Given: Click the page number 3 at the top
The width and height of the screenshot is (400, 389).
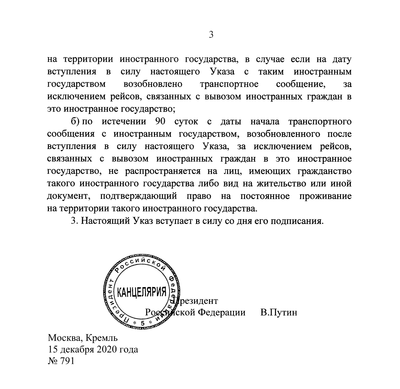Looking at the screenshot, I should coord(211,35).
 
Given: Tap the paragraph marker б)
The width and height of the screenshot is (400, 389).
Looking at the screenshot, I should coord(75,122).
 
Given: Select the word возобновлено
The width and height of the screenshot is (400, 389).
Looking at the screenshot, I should coord(153,84).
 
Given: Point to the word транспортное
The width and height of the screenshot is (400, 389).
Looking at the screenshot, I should coord(229,84).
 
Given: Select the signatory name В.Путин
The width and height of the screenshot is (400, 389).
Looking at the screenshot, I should coord(279,312).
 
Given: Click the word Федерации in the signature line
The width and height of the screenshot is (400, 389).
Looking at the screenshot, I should coord(221,312).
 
